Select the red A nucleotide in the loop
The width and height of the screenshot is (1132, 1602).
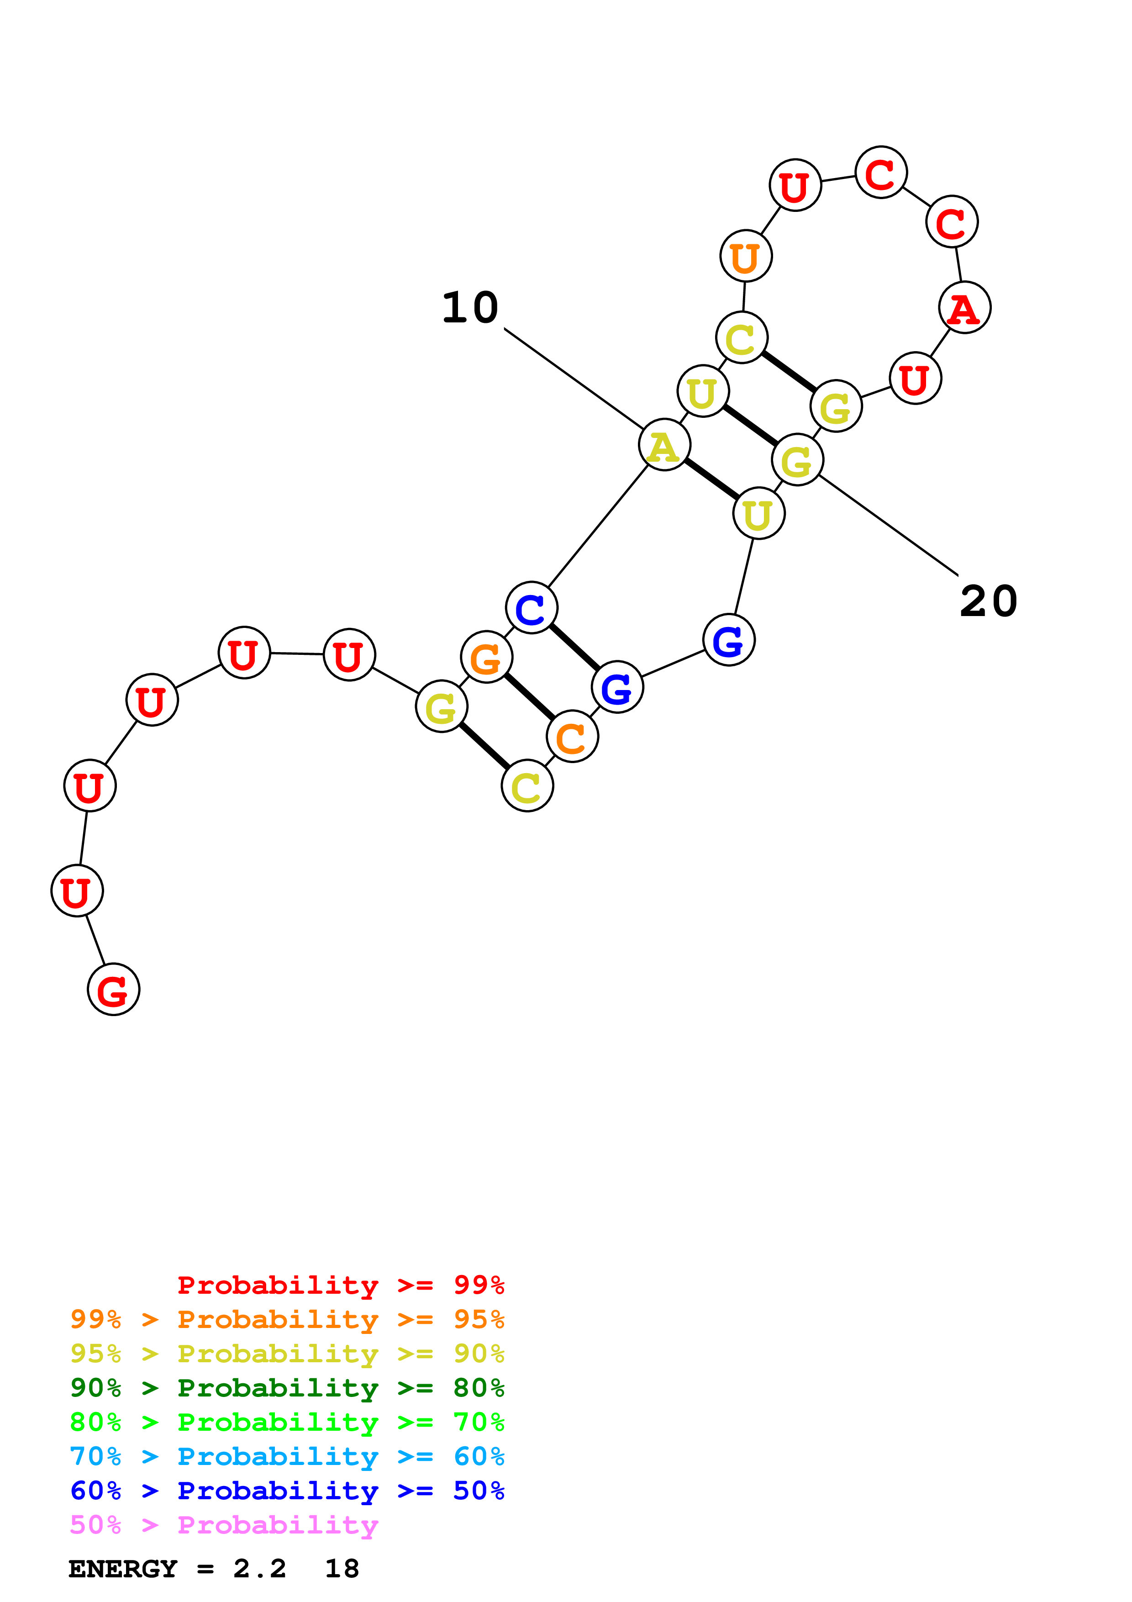click(964, 308)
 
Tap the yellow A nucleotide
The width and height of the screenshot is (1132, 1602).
click(664, 445)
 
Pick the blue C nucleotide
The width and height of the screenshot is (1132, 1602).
click(532, 608)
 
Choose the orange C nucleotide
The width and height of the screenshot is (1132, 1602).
click(572, 737)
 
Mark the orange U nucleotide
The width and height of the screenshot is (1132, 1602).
click(746, 257)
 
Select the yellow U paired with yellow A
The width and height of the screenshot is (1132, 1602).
click(759, 514)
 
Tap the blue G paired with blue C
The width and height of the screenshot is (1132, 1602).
click(616, 687)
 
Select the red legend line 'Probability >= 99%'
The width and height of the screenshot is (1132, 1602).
click(340, 1285)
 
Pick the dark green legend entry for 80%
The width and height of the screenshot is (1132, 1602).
click(287, 1388)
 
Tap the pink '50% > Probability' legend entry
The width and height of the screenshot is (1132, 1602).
click(224, 1525)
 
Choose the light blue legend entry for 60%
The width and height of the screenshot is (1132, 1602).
click(287, 1457)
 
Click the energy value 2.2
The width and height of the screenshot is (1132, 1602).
click(259, 1569)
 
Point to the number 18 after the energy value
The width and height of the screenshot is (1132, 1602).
click(342, 1569)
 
